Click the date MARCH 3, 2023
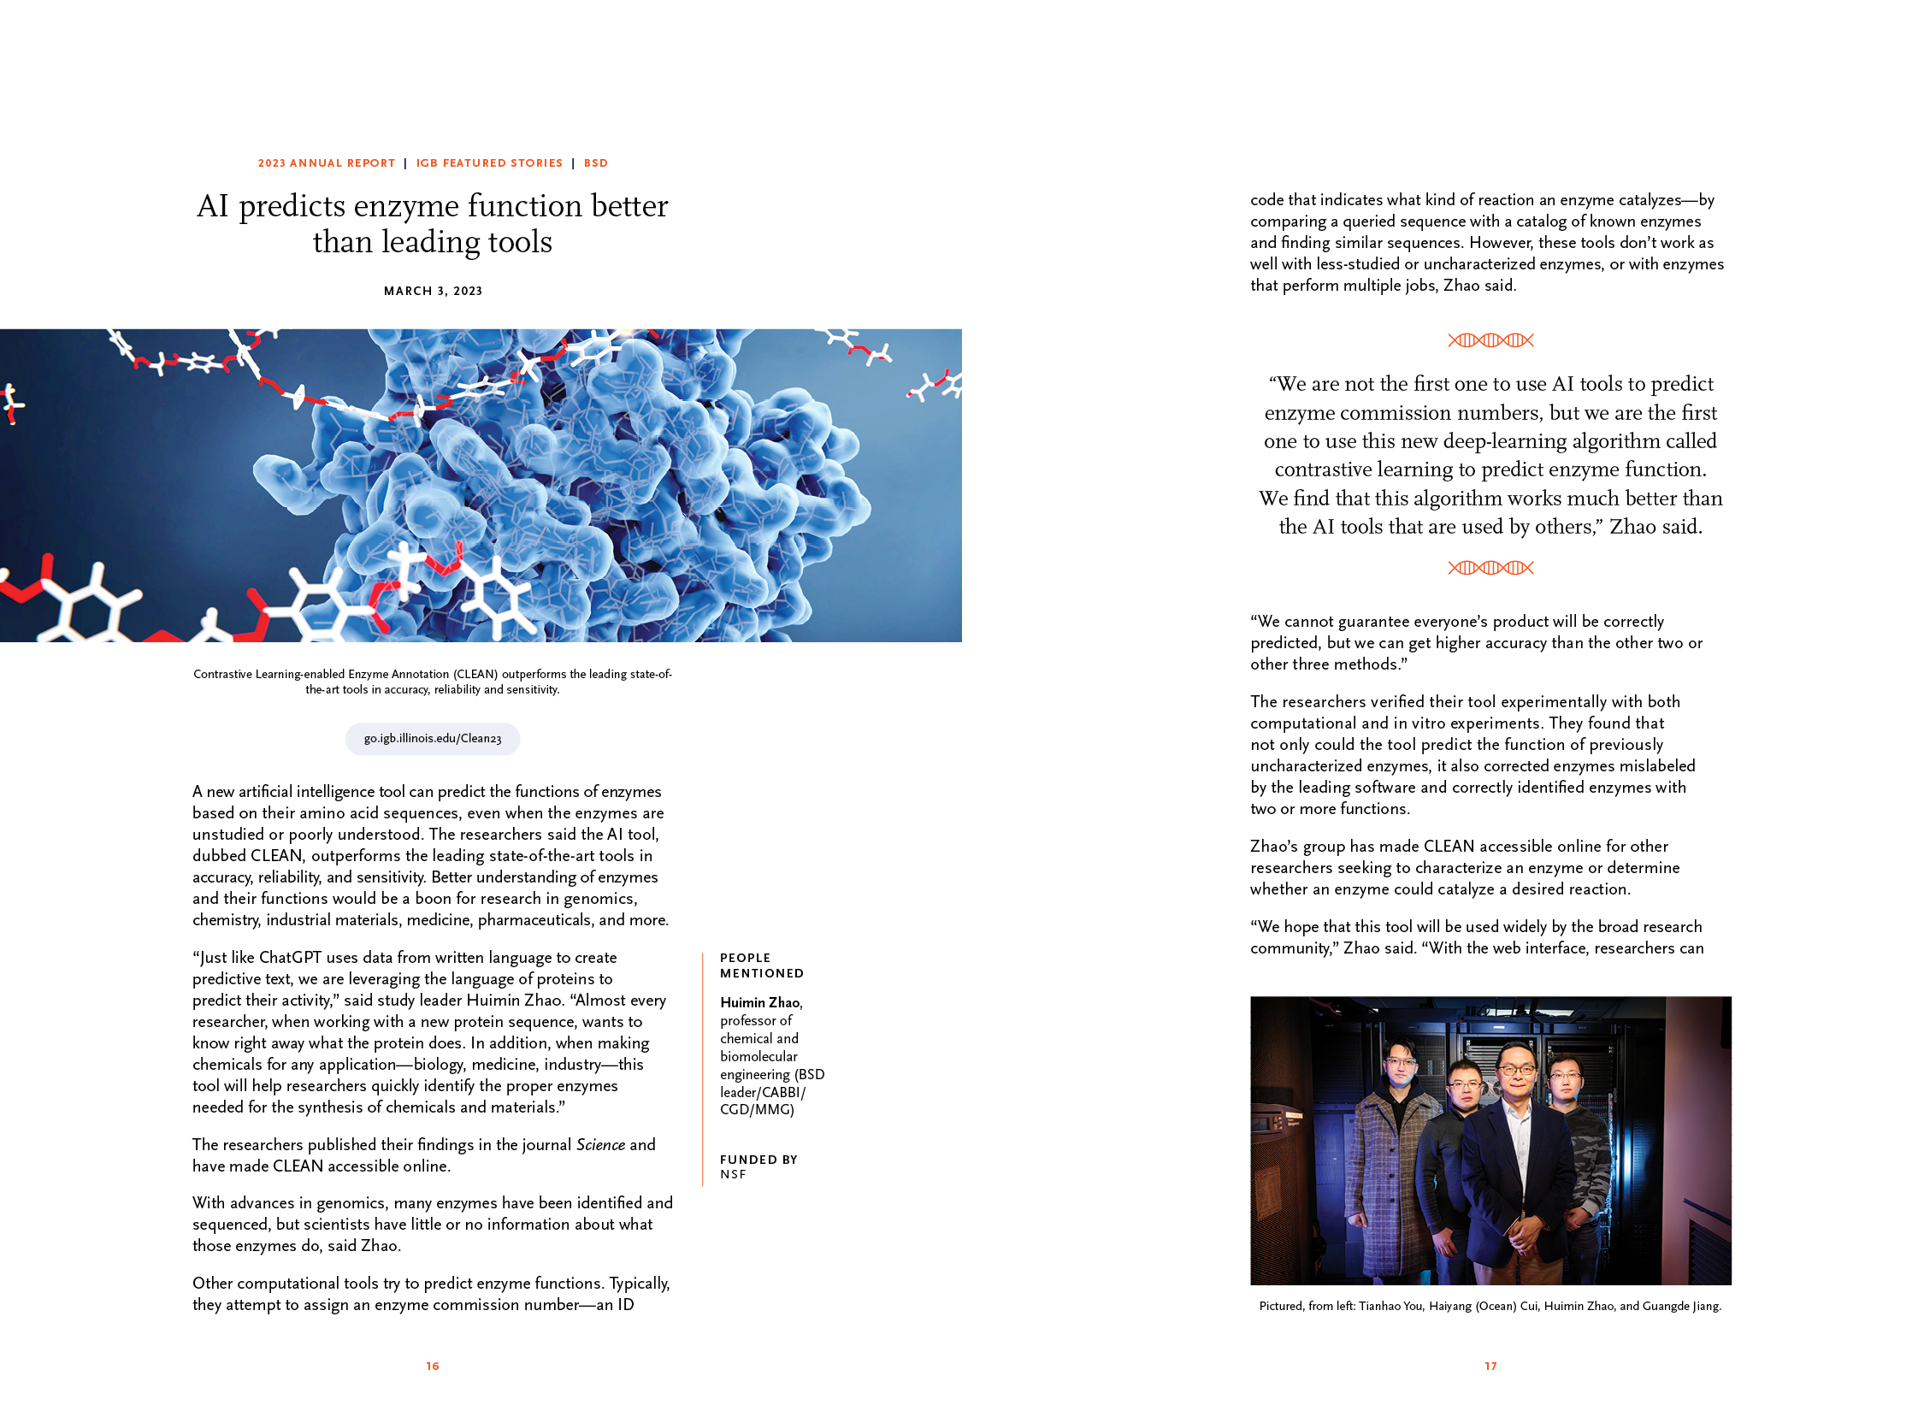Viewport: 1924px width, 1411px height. [x=433, y=291]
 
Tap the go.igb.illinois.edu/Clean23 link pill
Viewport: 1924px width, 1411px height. [x=433, y=738]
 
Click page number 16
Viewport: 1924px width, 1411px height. [x=433, y=1366]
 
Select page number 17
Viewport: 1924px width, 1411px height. [x=1490, y=1366]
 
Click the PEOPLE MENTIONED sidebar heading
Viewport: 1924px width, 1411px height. [x=761, y=965]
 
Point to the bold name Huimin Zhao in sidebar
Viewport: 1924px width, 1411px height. [x=760, y=1002]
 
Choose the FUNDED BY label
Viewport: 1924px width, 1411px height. [x=758, y=1160]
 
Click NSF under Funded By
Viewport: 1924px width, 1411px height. [x=733, y=1175]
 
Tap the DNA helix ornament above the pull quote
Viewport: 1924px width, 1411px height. [x=1490, y=340]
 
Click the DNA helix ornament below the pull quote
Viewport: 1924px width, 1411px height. [x=1490, y=568]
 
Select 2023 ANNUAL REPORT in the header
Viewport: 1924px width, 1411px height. [x=327, y=163]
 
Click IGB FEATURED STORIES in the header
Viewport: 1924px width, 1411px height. [x=489, y=163]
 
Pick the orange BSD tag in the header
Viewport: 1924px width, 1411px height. [x=596, y=163]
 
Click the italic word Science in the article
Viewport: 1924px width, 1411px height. [x=600, y=1144]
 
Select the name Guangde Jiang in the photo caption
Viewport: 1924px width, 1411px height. [x=1680, y=1306]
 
